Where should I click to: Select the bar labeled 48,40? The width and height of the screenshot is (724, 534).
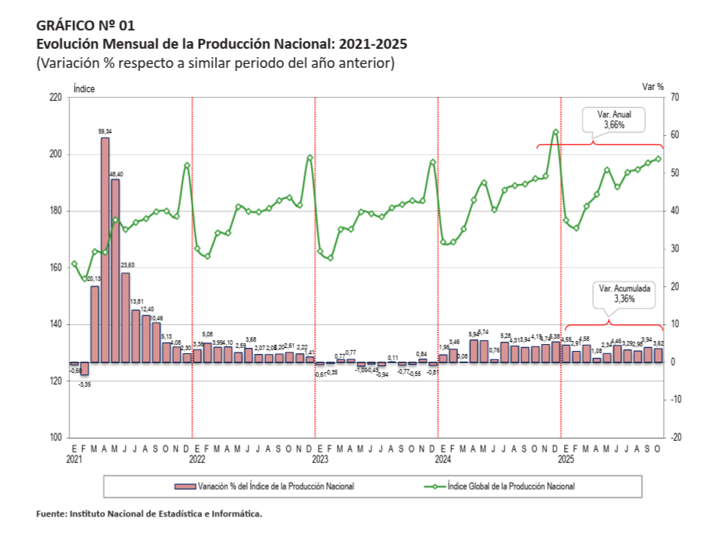115,271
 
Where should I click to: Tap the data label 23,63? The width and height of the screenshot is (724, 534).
127,265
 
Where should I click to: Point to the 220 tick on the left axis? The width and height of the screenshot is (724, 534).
56,98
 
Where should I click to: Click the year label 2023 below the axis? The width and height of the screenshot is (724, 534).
320,461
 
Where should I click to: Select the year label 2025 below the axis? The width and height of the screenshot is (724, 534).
566,461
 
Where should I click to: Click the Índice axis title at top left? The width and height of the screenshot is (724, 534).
84,88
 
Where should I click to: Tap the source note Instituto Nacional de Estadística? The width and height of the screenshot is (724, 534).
149,514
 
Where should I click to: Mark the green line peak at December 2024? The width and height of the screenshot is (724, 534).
556,132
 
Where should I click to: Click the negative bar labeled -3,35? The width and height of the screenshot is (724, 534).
85,369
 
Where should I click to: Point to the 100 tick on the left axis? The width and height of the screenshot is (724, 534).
56,438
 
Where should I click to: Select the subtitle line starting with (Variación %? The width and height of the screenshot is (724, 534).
215,63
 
